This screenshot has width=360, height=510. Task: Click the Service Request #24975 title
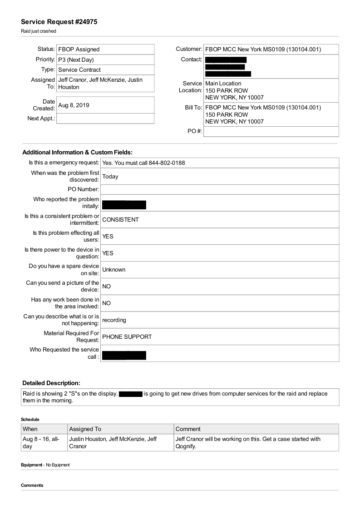click(x=59, y=22)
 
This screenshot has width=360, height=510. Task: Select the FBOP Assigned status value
click(x=79, y=50)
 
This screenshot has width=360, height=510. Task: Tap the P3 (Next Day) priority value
click(x=76, y=59)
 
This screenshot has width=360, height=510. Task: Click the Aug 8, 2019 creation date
click(x=74, y=105)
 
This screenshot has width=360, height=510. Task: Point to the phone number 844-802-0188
click(x=167, y=163)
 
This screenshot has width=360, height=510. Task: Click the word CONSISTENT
click(x=120, y=220)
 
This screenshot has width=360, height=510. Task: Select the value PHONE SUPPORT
click(x=127, y=337)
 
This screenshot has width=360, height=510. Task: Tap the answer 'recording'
click(x=114, y=320)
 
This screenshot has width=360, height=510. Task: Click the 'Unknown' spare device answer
click(x=113, y=270)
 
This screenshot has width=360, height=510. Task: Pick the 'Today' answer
click(x=110, y=177)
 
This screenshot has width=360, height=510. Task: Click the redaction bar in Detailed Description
click(x=131, y=394)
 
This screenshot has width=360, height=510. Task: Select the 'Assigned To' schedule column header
click(x=85, y=429)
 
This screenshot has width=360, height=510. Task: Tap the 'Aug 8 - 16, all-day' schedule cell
click(x=41, y=443)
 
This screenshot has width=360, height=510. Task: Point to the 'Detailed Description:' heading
click(x=51, y=383)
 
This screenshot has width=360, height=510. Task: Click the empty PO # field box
click(x=271, y=132)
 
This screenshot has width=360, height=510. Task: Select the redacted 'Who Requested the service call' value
click(x=124, y=355)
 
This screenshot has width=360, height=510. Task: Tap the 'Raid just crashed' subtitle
click(x=39, y=31)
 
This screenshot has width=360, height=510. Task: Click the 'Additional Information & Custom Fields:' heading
click(x=77, y=153)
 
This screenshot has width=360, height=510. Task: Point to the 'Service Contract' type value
click(x=79, y=70)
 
